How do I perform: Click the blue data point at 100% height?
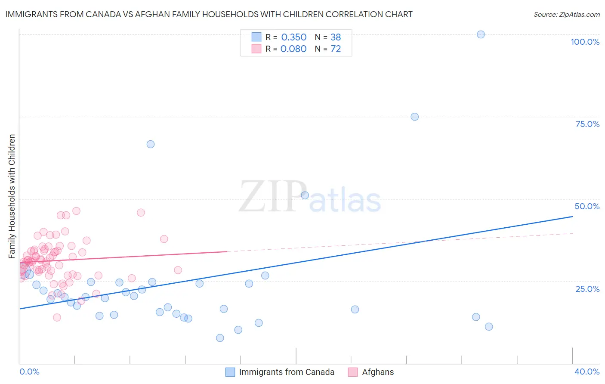[x=481, y=34]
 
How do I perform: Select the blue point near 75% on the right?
[x=414, y=117]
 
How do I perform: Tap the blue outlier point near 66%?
[x=151, y=144]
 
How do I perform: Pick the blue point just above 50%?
[x=305, y=195]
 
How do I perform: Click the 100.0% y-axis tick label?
[x=585, y=42]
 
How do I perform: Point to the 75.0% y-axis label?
[x=587, y=124]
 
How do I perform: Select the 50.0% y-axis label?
[x=587, y=206]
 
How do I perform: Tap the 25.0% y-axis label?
[x=587, y=288]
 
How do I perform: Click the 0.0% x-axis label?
[x=29, y=372]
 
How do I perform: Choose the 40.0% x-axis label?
[x=587, y=372]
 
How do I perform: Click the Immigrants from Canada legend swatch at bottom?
[x=230, y=372]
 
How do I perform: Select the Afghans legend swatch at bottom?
[x=353, y=372]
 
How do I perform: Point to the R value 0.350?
[x=293, y=37]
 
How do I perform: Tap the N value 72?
[x=336, y=49]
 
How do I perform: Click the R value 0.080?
[x=293, y=49]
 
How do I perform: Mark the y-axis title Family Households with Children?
[x=12, y=196]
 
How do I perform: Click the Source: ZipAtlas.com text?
[x=566, y=15]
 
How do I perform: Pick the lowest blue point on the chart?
[x=220, y=338]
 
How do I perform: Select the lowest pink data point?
[x=57, y=317]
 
